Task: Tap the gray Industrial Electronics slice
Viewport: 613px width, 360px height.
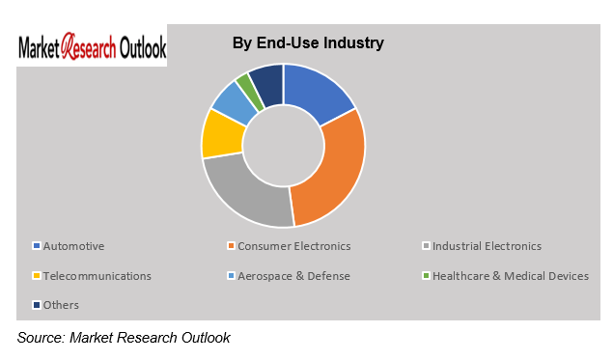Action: click(245, 192)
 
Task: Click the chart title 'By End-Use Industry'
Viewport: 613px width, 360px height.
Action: click(308, 42)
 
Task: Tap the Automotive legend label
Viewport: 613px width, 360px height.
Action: click(74, 246)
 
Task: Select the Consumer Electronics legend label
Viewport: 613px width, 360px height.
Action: click(294, 246)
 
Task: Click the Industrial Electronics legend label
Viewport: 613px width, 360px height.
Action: click(487, 246)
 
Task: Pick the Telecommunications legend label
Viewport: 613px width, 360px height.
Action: click(98, 276)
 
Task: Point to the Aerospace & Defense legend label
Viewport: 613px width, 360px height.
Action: click(294, 276)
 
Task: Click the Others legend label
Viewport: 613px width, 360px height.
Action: click(62, 305)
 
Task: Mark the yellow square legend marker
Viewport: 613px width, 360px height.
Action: click(37, 276)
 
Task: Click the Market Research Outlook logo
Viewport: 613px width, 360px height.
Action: click(92, 47)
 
